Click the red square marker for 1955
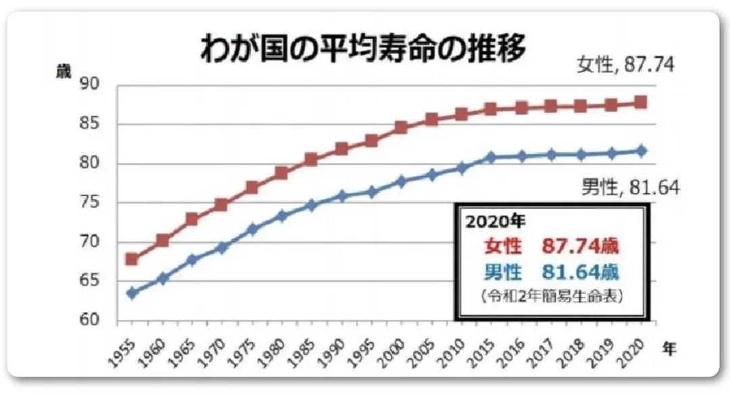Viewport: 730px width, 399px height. (x=132, y=259)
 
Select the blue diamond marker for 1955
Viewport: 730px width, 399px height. (x=132, y=293)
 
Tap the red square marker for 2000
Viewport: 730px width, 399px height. (x=401, y=127)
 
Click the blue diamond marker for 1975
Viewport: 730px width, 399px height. (x=251, y=229)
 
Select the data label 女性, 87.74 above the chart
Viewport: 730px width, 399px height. (x=626, y=65)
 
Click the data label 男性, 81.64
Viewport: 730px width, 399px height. (x=631, y=187)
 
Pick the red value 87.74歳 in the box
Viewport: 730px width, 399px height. (x=580, y=245)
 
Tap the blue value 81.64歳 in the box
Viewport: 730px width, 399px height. (x=580, y=272)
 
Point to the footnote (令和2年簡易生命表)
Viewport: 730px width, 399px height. (x=552, y=296)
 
